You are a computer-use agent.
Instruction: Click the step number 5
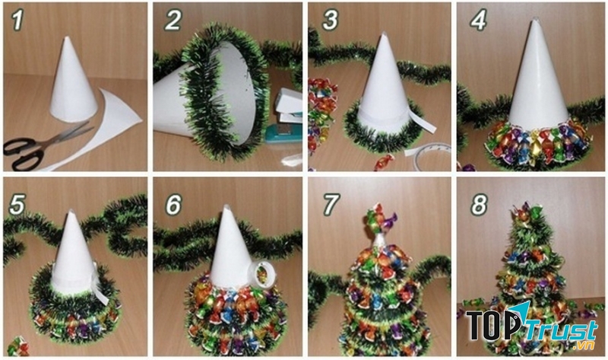pos(18,203)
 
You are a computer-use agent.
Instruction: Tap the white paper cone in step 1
pos(74,84)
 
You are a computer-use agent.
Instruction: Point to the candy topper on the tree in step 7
pos(378,221)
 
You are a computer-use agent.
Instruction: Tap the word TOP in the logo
pos(495,326)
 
